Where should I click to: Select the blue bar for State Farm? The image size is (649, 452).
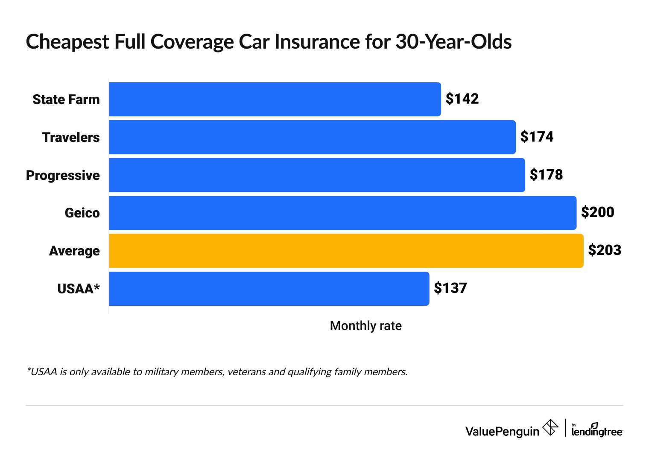tap(275, 99)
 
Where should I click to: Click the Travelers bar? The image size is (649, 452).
tap(312, 137)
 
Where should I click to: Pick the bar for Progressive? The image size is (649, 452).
tap(317, 175)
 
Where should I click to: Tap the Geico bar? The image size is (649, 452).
tap(342, 213)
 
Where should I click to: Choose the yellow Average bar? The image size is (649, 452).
tap(346, 251)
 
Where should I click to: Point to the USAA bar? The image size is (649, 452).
tap(269, 289)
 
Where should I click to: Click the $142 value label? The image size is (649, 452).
tap(462, 99)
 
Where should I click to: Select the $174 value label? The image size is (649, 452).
tap(537, 137)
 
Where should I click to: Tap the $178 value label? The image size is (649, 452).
tap(546, 175)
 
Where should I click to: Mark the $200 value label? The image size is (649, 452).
tap(597, 212)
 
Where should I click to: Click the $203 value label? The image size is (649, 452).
tap(604, 250)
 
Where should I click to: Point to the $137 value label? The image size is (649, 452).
tap(450, 288)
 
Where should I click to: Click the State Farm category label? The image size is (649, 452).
tap(66, 99)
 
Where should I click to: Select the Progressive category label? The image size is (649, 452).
tap(63, 175)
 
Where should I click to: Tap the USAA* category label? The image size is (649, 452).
tap(79, 289)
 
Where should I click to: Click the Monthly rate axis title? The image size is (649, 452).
tap(365, 326)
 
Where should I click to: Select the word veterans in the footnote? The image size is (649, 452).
tap(246, 372)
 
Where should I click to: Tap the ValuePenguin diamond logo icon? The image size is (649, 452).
tap(550, 427)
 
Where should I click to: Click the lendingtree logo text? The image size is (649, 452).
tap(597, 432)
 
